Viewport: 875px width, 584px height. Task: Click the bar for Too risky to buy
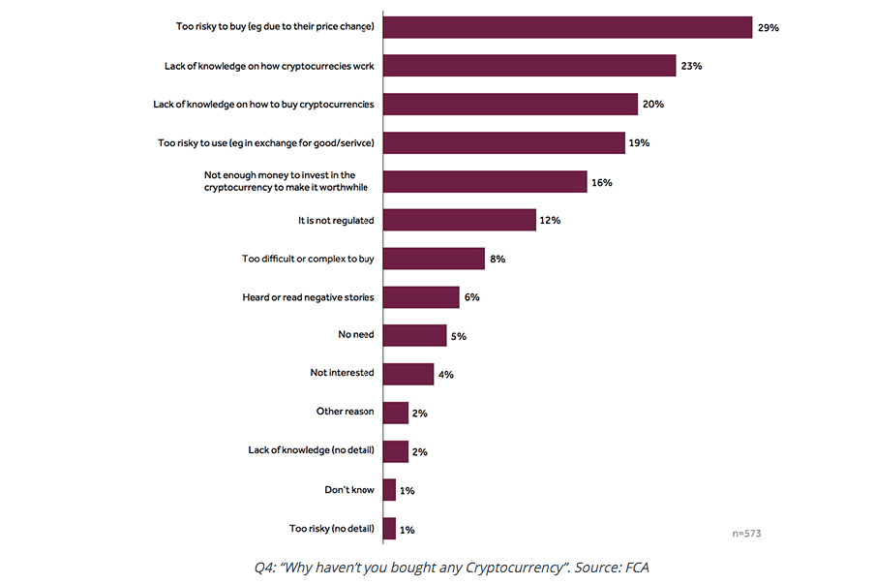coord(567,27)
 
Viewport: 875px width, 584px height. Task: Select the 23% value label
coord(691,66)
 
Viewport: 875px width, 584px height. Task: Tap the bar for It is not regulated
coord(460,220)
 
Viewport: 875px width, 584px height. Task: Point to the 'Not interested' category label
coord(342,373)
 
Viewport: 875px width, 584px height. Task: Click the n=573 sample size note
coord(747,533)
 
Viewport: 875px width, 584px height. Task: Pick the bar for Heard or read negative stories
coord(421,296)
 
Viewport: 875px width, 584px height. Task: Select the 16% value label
coord(602,182)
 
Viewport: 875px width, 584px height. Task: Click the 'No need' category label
coord(355,335)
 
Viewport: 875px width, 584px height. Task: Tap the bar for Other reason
coord(396,413)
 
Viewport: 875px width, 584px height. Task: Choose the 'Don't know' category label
coord(349,490)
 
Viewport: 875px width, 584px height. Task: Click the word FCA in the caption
coord(637,567)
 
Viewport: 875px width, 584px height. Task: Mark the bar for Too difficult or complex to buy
coord(434,259)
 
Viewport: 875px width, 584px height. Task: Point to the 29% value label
coord(769,27)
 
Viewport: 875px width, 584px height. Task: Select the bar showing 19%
coord(504,143)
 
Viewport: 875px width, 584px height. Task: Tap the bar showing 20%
coord(510,105)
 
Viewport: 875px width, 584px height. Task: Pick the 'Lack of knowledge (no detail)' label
coord(311,450)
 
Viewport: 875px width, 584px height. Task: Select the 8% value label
coord(498,259)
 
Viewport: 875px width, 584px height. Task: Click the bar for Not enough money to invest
coord(485,182)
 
